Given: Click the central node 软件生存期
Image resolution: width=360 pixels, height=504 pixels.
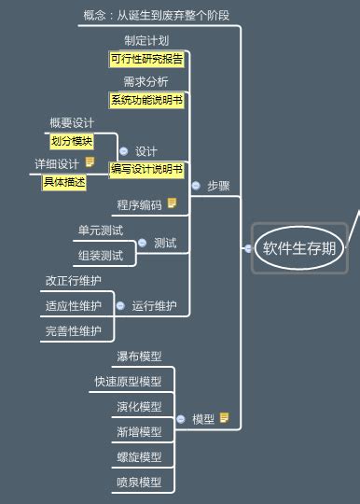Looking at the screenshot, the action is [299, 247].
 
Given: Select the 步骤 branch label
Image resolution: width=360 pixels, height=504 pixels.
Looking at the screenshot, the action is [218, 186].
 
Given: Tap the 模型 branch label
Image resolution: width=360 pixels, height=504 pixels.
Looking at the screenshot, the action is [203, 419].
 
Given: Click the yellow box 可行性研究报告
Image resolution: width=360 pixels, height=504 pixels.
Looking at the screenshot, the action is [146, 59].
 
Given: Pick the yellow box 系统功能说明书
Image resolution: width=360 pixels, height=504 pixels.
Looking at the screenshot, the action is [146, 100].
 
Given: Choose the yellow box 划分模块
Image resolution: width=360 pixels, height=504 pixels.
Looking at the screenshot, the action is [72, 141].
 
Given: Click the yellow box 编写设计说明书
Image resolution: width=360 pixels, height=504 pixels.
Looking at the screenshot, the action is [147, 169].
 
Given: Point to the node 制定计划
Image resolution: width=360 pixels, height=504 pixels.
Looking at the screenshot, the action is [146, 40].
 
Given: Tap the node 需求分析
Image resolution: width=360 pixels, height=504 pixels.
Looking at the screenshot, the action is [146, 81].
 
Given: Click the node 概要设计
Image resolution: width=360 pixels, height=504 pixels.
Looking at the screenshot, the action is [72, 122].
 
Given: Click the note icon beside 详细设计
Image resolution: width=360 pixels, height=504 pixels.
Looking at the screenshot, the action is [90, 162].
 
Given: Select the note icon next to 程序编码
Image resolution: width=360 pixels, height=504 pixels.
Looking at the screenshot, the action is [172, 203].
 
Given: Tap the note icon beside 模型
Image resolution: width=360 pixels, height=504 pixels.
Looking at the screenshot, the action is [225, 418].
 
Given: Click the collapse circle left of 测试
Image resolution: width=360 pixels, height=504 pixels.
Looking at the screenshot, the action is [142, 243].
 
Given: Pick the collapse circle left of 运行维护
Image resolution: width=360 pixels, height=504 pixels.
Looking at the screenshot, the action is [120, 305].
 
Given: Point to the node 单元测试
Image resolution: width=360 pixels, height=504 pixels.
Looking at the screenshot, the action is [101, 230].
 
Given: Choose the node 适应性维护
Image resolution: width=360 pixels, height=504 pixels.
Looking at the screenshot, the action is [74, 305].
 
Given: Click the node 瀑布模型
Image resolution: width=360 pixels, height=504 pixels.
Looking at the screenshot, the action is [139, 357].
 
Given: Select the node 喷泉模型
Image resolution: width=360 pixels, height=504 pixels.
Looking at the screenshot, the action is [139, 483].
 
